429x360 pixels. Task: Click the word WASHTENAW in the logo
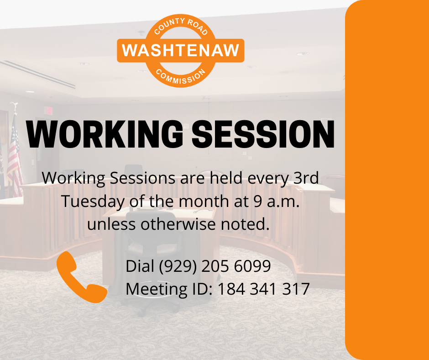click(x=181, y=50)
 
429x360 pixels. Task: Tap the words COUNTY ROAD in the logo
click(x=181, y=26)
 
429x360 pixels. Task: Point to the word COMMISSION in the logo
click(x=181, y=76)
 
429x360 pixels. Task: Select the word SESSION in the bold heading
click(x=263, y=134)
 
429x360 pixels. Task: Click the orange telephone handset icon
click(x=82, y=277)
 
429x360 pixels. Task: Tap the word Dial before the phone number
click(x=140, y=265)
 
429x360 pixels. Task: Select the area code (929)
click(x=178, y=266)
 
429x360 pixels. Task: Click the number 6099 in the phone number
click(x=252, y=266)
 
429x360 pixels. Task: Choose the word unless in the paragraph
click(x=111, y=224)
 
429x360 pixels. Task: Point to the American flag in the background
click(x=15, y=156)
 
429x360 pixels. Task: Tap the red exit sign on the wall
click(x=49, y=111)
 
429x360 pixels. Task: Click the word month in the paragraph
click(x=204, y=201)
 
